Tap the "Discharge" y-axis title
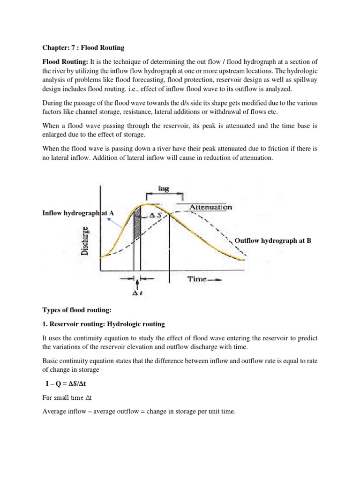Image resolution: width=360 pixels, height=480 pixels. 87,240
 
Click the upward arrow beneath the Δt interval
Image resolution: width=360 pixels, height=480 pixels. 137,284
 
